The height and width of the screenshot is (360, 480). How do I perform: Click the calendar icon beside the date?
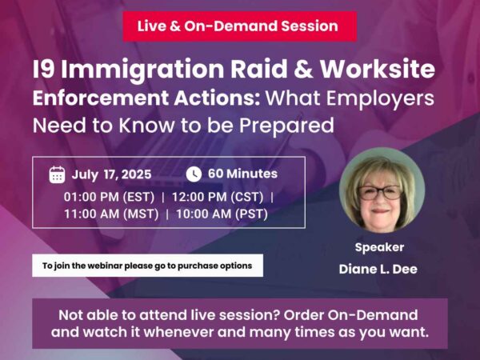57,174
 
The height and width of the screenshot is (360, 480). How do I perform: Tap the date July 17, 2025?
111,174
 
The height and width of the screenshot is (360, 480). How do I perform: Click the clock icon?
194,174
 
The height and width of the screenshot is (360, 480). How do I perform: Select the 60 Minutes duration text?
242,174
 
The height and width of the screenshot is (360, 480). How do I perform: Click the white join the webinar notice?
147,265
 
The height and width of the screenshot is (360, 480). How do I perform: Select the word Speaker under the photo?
379,247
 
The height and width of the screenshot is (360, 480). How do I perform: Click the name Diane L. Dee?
380,269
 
